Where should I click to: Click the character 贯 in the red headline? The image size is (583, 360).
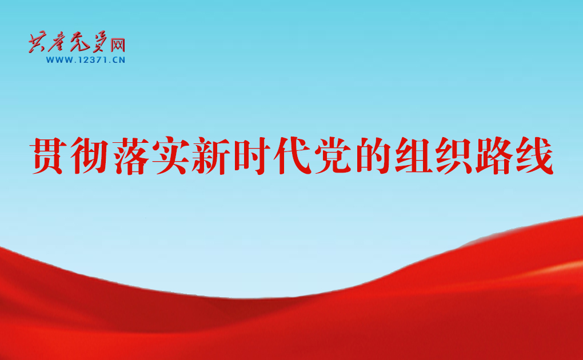tap(47, 155)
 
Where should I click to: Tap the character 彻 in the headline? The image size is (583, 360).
tap(88, 155)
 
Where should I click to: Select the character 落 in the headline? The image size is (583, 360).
tap(129, 155)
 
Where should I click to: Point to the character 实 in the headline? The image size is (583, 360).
tap(169, 155)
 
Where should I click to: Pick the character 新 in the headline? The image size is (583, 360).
tap(210, 155)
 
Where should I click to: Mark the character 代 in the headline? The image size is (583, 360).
tap(291, 155)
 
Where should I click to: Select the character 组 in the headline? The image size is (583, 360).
tap(413, 155)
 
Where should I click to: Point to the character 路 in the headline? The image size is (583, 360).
tap(494, 155)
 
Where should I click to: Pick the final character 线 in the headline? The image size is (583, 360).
tap(534, 155)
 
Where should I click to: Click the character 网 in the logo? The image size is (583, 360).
tap(118, 45)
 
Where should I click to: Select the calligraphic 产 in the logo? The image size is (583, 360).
tap(59, 43)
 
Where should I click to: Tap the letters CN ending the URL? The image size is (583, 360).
tap(119, 60)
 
